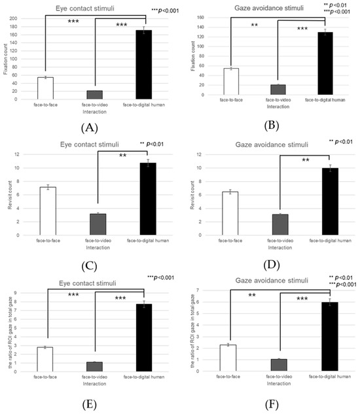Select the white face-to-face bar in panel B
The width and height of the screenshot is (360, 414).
pyautogui.click(x=231, y=82)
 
